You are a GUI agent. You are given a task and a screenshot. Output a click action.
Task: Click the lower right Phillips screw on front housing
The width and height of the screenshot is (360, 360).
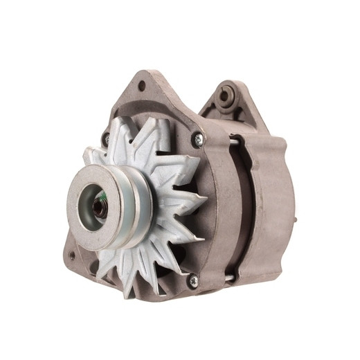click(193, 280)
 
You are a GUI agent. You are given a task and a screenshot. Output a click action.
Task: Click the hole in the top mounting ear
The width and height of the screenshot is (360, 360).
click(142, 86)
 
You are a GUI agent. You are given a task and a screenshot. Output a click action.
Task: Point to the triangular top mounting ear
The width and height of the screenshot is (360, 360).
click(149, 90)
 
